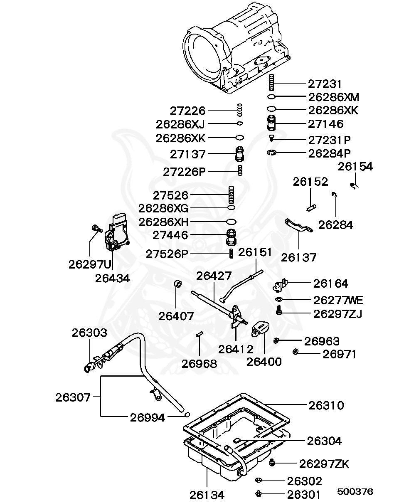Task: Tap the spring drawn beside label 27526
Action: (x=232, y=195)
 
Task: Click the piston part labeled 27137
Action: (x=240, y=155)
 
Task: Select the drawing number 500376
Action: (x=355, y=491)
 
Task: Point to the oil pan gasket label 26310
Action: (x=326, y=405)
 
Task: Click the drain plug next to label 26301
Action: (x=258, y=494)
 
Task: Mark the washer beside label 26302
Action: (x=258, y=481)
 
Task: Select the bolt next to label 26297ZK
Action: (x=272, y=463)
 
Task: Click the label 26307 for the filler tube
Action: (x=73, y=397)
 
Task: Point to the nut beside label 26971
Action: (x=296, y=353)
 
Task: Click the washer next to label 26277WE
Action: (x=279, y=299)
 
